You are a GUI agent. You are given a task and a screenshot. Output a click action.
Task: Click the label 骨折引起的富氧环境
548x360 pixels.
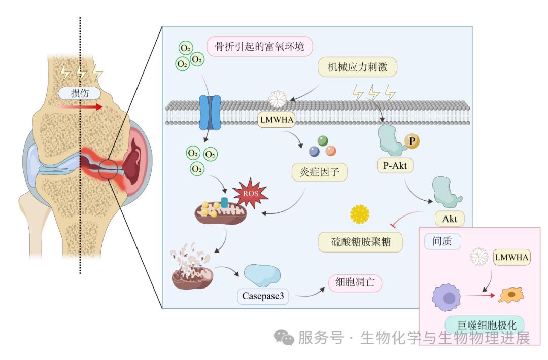pos(259,47)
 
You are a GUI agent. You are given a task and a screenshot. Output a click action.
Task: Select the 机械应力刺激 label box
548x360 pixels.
pos(357,66)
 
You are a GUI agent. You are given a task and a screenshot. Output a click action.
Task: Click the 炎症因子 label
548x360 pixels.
pos(320,172)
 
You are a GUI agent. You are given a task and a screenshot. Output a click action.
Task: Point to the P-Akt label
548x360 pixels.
pos(395,165)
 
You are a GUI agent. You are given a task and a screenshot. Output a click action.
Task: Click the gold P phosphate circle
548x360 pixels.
pos(412,141)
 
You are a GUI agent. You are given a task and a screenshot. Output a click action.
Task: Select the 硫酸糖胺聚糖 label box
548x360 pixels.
pos(361,242)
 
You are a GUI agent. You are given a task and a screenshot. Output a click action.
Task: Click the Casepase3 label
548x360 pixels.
pos(263,296)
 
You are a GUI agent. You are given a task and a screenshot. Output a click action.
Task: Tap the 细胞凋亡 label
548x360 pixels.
pos(355,283)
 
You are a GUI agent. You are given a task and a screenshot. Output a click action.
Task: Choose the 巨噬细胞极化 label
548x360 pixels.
pos(484,325)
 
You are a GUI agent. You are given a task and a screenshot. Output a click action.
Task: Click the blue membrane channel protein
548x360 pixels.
pos(210,113)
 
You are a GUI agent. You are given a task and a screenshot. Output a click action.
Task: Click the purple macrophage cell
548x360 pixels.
pos(448,298)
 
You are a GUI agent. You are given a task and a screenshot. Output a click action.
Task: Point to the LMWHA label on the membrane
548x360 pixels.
pos(277,120)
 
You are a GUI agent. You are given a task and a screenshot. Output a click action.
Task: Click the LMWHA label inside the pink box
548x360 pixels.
pos(511,257)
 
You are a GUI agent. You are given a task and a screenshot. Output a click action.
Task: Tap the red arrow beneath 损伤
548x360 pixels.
pos(81,107)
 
